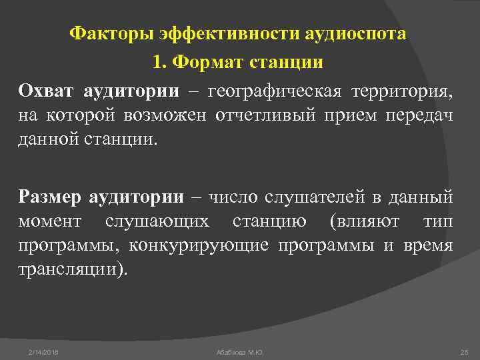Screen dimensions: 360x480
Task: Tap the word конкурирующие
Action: (199, 245)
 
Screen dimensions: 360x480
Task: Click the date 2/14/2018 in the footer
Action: (43, 351)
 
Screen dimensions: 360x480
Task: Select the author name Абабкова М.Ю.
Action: (239, 351)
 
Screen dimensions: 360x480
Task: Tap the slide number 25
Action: (465, 351)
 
